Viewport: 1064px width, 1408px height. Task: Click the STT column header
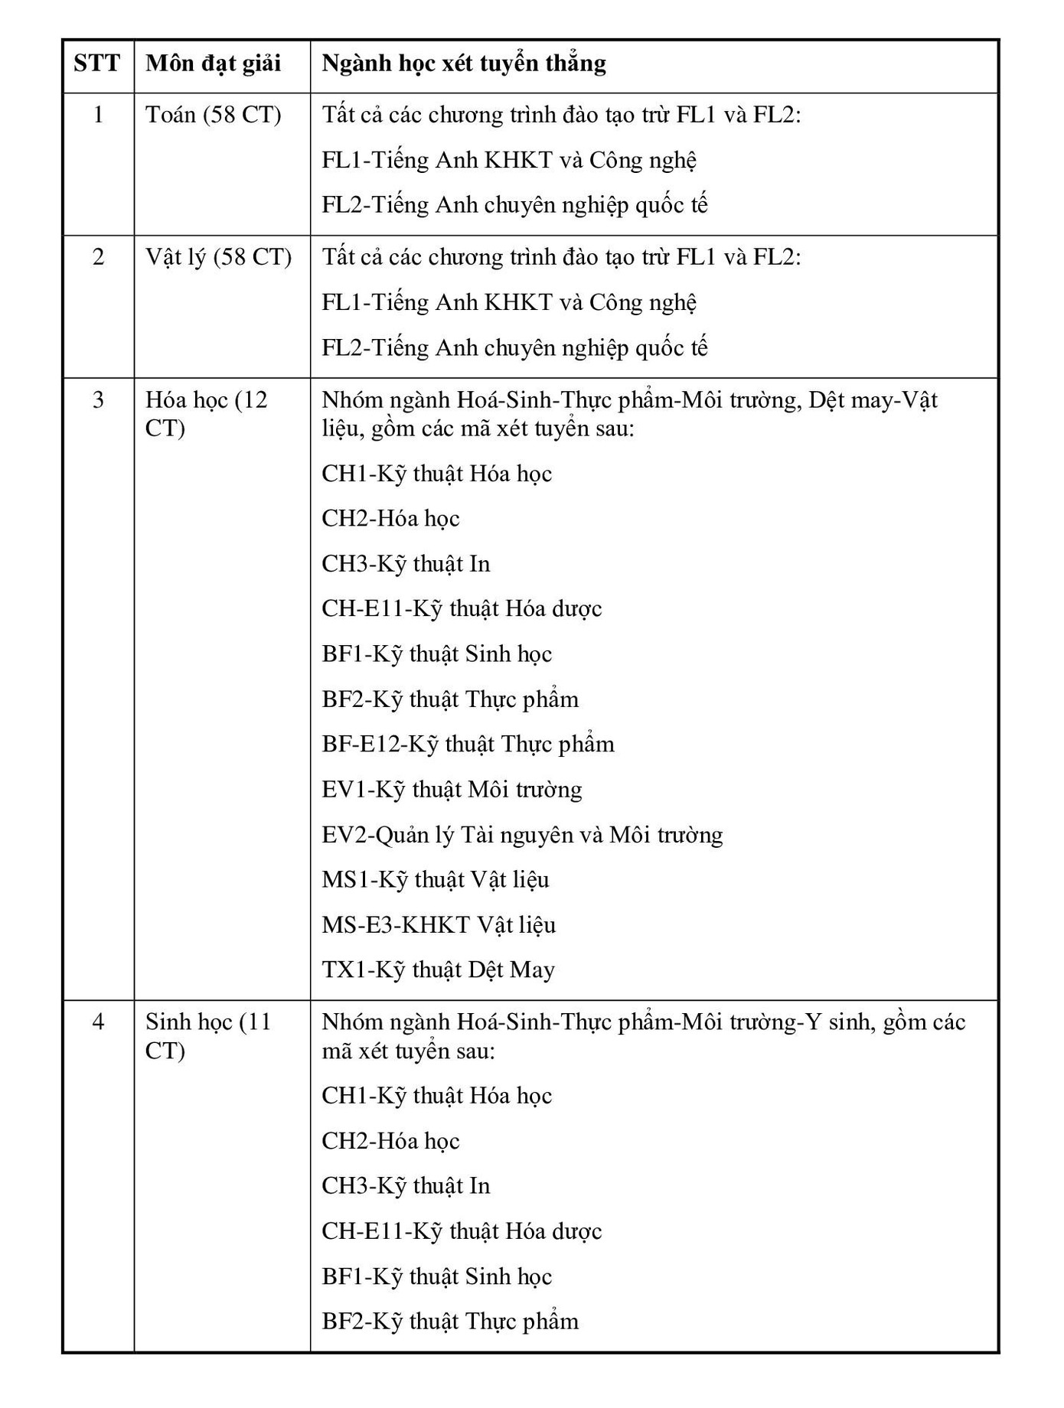coord(97,63)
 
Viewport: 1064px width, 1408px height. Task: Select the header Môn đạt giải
coord(214,63)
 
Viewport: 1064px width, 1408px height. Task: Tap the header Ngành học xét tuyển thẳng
coord(464,63)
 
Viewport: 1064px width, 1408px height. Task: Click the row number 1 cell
coord(98,115)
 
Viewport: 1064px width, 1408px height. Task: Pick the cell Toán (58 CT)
coord(214,115)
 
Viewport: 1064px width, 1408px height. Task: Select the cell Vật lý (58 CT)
coord(219,257)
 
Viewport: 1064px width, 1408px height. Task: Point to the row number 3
coord(98,399)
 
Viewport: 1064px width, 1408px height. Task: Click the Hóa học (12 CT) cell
coord(207,413)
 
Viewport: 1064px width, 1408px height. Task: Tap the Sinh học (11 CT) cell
coord(208,1035)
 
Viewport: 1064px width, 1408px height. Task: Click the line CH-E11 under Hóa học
coord(462,608)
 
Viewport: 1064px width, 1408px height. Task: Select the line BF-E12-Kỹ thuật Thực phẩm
coord(468,744)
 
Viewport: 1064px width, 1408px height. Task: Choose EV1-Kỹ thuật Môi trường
coord(452,789)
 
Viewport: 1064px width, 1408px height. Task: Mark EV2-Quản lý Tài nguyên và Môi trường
coord(522,834)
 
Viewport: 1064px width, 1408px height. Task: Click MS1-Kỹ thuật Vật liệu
coord(436,879)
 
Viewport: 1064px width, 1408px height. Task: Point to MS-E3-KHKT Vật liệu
coord(439,924)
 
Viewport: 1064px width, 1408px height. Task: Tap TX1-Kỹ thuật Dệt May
coord(438,970)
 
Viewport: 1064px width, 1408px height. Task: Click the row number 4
coord(98,1022)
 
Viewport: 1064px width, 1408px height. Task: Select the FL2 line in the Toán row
coord(514,205)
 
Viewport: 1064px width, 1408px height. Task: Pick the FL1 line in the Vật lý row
coord(509,302)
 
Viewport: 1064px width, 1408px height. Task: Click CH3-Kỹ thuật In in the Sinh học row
coord(406,1185)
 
